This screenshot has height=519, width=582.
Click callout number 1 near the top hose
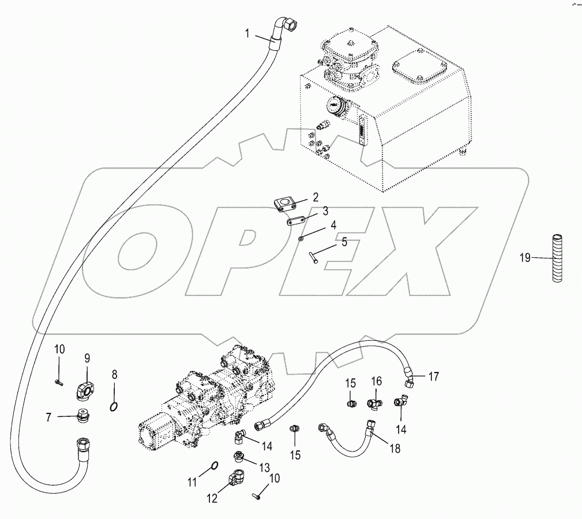tap(247, 33)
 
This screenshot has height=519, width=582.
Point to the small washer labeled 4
tap(301, 238)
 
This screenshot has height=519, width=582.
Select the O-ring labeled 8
tap(114, 407)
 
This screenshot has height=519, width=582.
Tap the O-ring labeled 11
tap(214, 465)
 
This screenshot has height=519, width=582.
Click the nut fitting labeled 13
tap(238, 457)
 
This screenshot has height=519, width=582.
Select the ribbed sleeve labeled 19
tap(557, 257)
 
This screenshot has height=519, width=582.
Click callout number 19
tap(525, 257)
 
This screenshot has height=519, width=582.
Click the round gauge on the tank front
tap(335, 106)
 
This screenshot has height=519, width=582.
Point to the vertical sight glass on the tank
tap(360, 130)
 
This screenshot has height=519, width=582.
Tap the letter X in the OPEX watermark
tap(403, 251)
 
